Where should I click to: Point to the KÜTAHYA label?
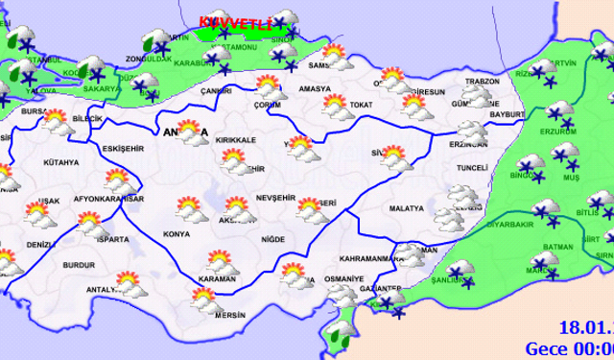coord(60,162)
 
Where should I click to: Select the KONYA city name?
coord(176,234)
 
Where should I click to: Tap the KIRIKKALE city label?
coord(237,140)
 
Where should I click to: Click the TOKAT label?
coord(361,103)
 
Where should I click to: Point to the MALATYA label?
coord(407,207)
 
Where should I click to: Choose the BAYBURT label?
coord(502,114)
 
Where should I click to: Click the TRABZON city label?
coord(480,82)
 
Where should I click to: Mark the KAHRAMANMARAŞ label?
coord(367,258)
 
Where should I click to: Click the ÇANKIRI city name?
coord(216,91)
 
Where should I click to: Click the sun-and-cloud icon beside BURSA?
coord(55,120)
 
